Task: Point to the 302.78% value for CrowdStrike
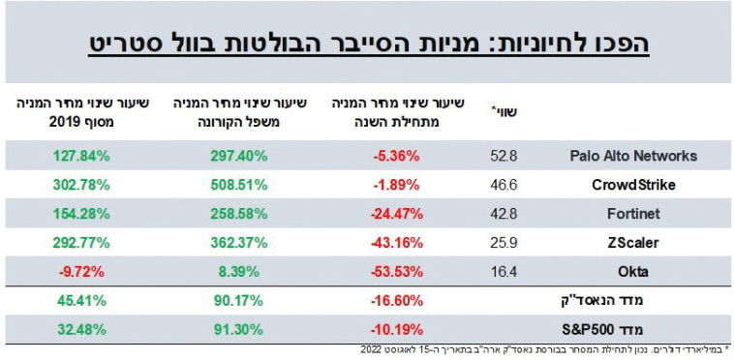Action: (73, 183)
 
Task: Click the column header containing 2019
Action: (73, 113)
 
